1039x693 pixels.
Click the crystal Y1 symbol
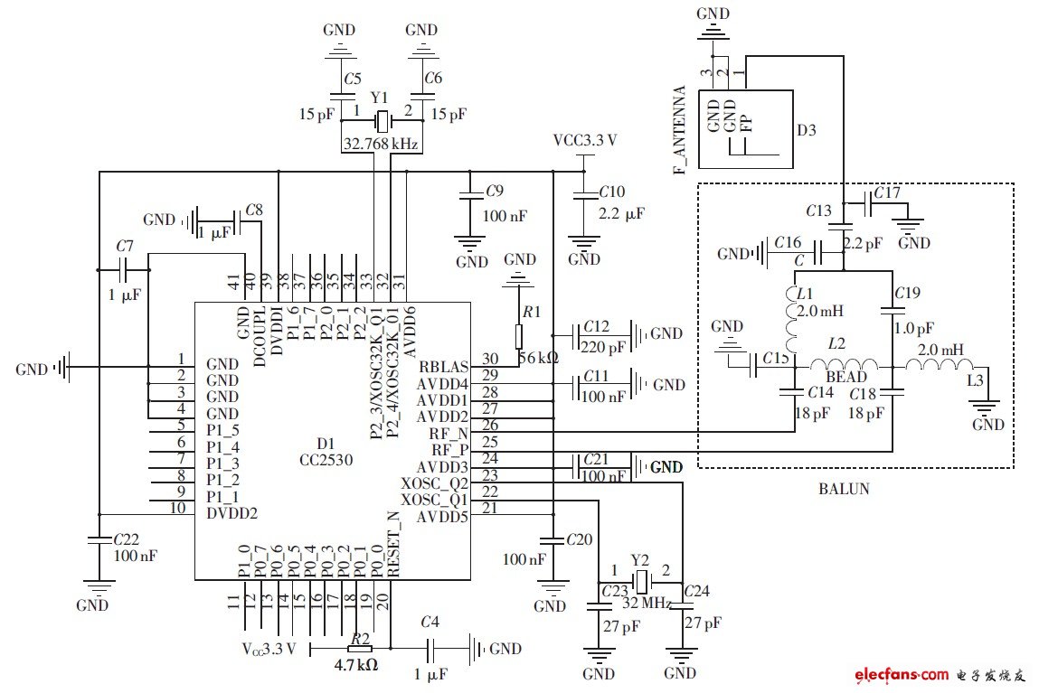(383, 118)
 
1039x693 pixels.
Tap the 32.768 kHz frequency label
(381, 143)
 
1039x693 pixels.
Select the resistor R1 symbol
(519, 336)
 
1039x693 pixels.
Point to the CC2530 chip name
(326, 458)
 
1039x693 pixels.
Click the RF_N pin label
(449, 433)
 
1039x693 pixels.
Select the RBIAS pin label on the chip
(443, 367)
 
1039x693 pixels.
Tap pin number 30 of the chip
(490, 359)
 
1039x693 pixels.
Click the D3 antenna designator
(807, 130)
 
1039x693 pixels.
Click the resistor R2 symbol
(360, 648)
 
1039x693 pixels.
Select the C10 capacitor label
(612, 192)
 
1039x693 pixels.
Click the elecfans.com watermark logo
(901, 674)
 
